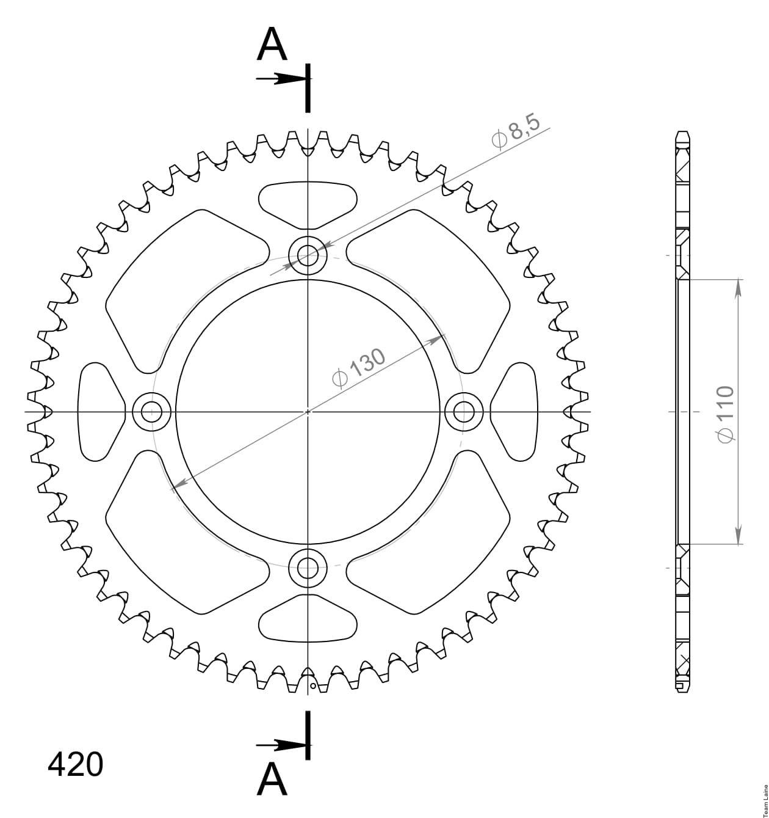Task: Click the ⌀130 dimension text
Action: click(x=358, y=368)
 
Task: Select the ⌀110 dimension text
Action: click(x=725, y=414)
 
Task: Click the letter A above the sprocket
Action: click(x=272, y=45)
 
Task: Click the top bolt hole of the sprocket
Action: click(x=308, y=256)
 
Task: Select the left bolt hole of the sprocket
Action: click(x=151, y=412)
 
